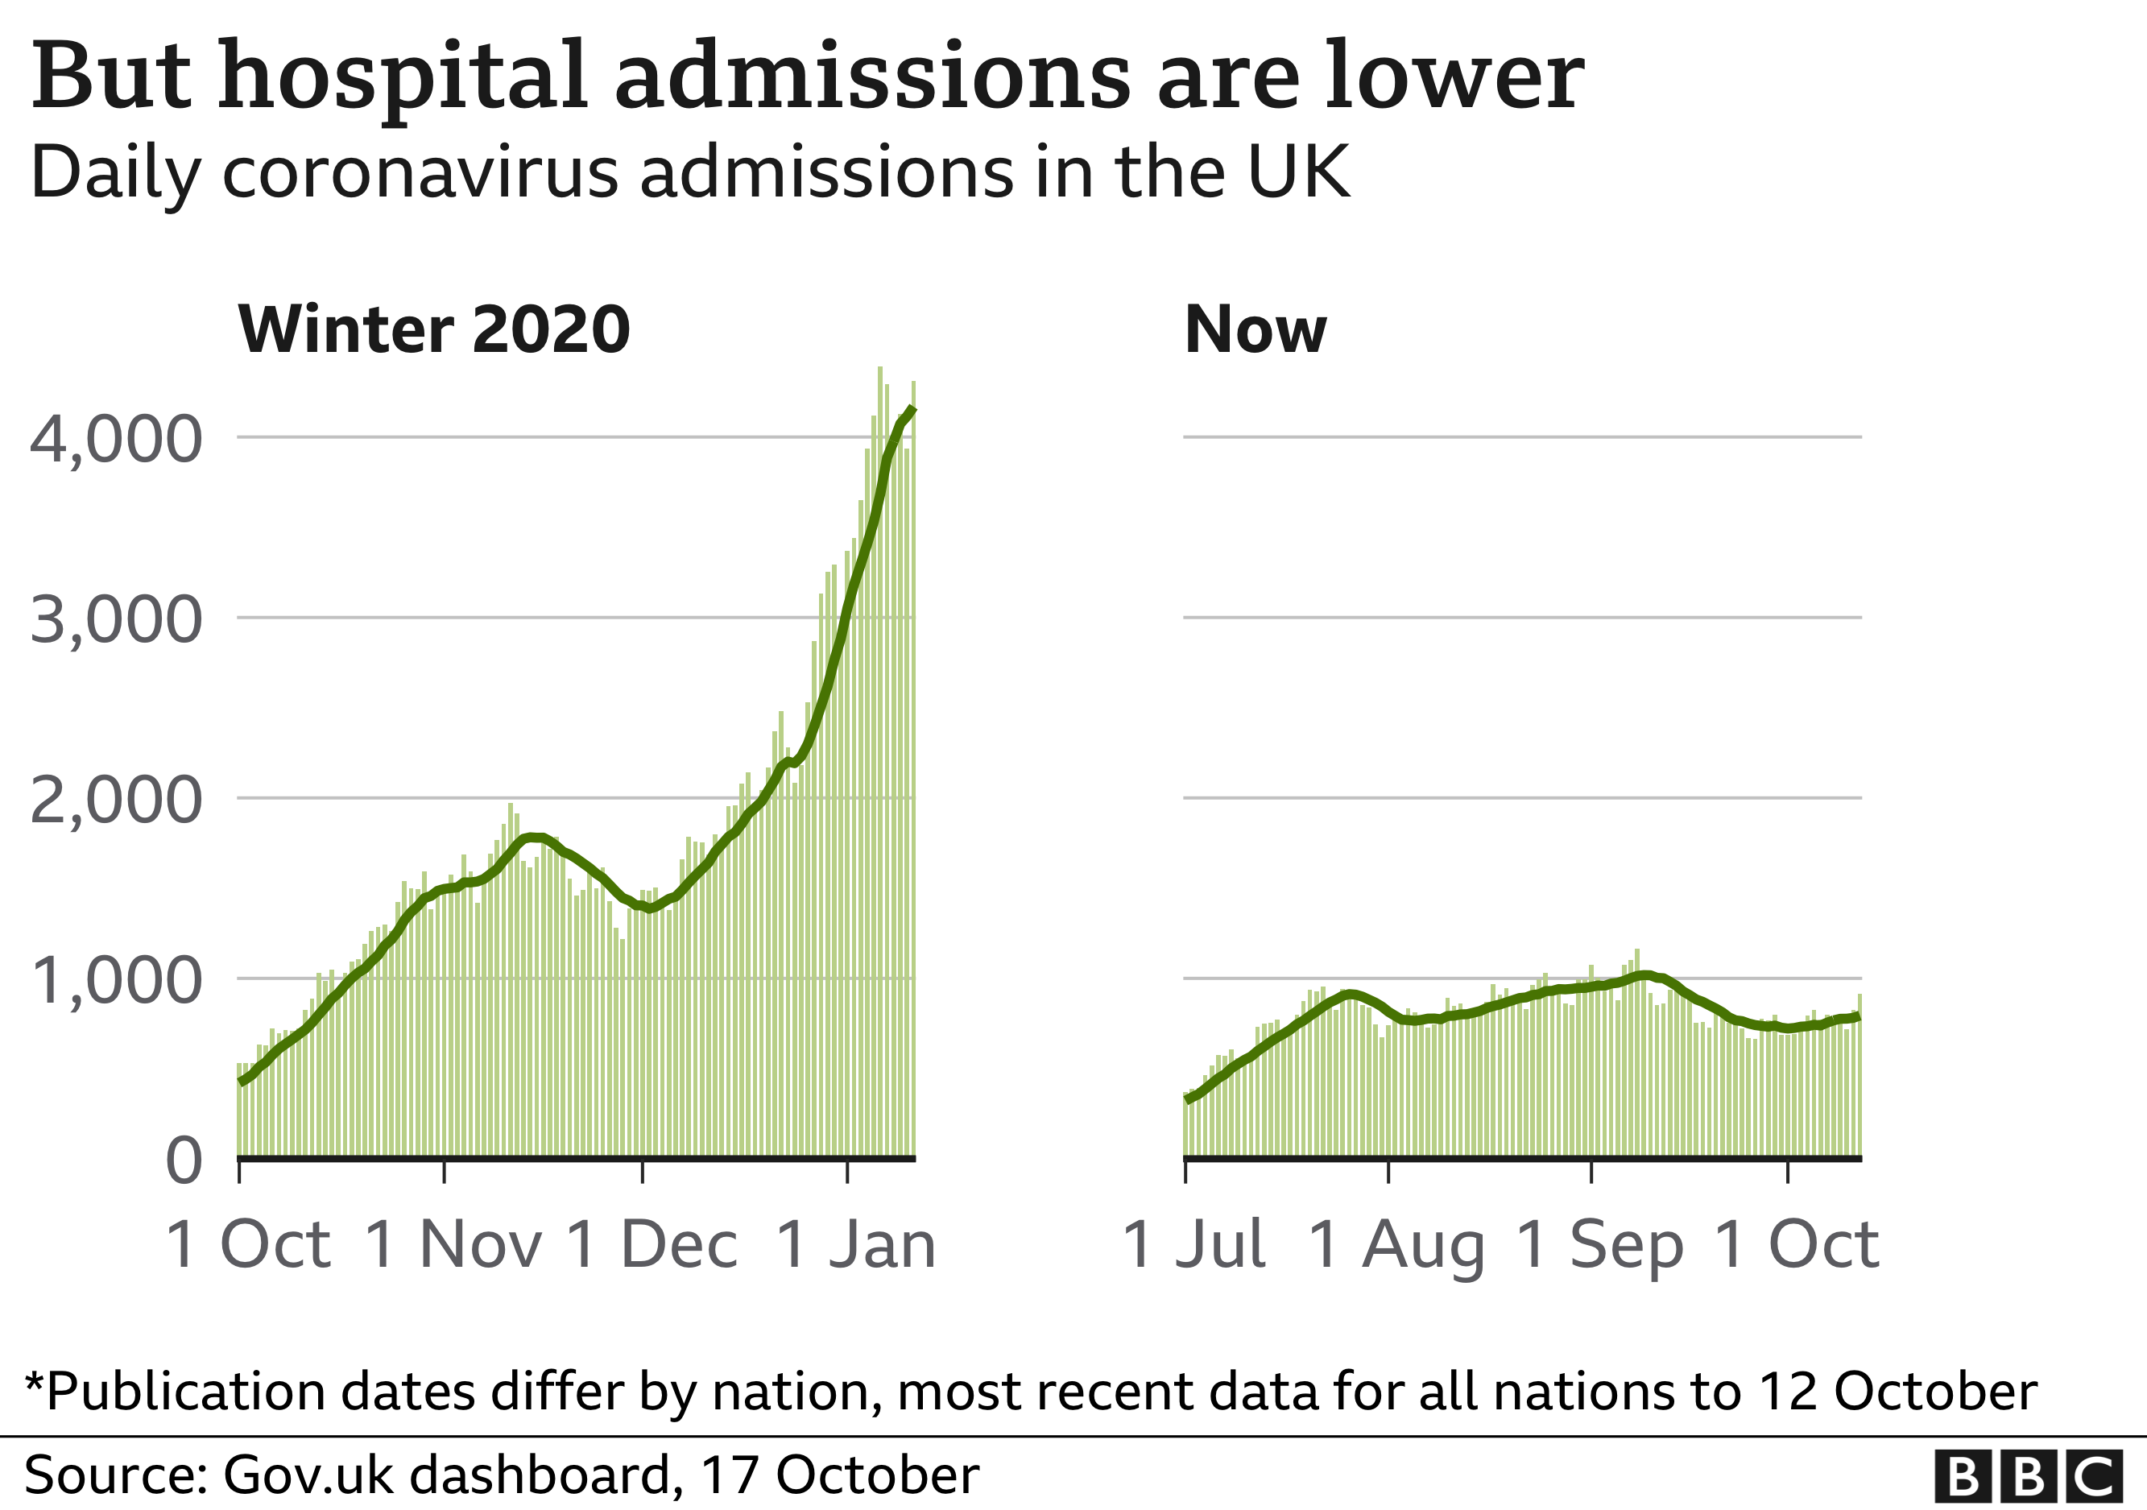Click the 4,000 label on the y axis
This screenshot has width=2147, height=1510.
[116, 441]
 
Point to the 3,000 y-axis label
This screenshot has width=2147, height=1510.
[116, 621]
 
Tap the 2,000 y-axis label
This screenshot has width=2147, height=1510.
[116, 801]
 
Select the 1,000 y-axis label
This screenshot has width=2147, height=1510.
[116, 982]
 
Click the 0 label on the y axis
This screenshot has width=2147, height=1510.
[184, 1162]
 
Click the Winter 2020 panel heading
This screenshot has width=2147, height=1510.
[434, 330]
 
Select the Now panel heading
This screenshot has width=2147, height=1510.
[1255, 330]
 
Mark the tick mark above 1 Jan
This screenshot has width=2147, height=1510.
[847, 1173]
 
